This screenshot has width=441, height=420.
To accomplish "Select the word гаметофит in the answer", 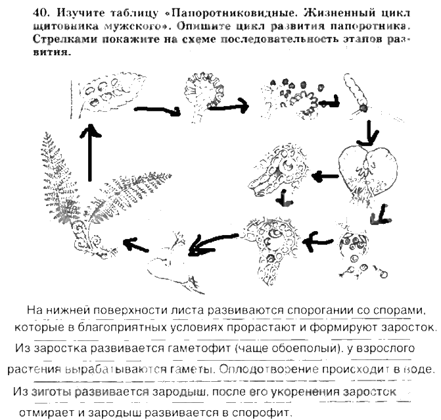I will (191, 347).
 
